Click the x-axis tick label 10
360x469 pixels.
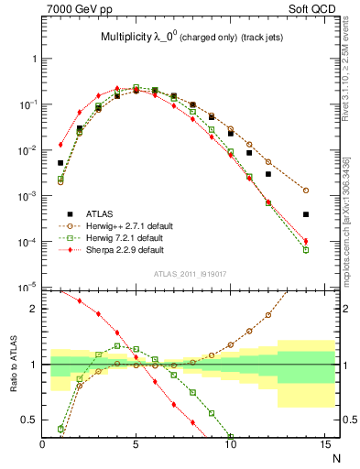pos(230,445)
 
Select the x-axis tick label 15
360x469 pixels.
pos(324,445)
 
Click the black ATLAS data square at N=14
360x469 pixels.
pos(305,214)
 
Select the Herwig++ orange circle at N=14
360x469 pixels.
pos(305,191)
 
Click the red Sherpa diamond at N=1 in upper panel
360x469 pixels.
pos(60,144)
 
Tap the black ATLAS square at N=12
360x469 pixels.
pos(267,173)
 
